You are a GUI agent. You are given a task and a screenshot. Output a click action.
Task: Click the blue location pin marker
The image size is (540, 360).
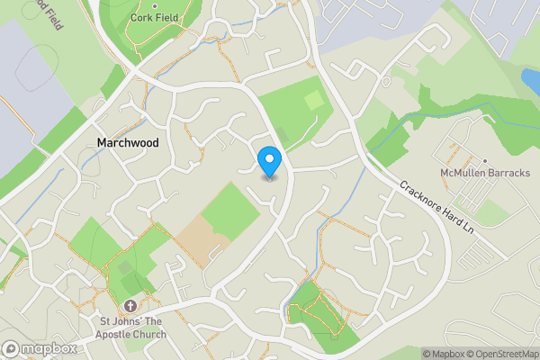coord(269,162)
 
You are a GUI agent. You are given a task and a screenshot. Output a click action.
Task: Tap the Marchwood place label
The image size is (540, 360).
coord(127,143)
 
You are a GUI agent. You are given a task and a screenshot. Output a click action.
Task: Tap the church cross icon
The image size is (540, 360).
coord(130,308)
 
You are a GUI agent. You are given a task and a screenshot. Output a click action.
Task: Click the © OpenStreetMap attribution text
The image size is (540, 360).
coord(499,354)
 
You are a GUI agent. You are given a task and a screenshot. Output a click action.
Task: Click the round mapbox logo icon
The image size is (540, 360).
coord(12,348)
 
